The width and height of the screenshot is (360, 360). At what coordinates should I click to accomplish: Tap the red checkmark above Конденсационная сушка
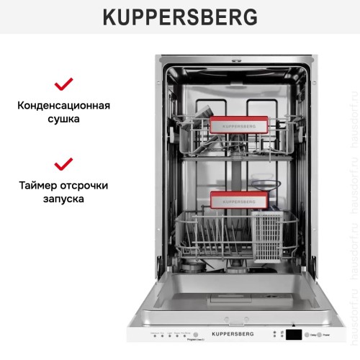[64, 84]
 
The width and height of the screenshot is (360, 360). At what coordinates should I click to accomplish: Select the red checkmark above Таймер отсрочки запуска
[64, 164]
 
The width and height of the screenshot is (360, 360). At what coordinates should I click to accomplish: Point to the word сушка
[64, 120]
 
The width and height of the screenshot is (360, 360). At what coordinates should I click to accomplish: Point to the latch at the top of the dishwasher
[235, 60]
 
